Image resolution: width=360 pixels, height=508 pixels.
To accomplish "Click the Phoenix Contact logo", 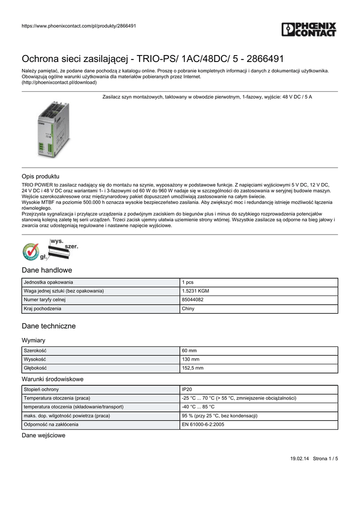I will pyautogui.click(x=308, y=29).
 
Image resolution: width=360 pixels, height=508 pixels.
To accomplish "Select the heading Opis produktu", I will pyautogui.click(x=41, y=176).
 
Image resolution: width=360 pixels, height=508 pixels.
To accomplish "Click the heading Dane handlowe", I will pyautogui.click(x=47, y=270).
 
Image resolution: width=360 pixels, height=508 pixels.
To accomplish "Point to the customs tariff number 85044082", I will pyautogui.click(x=193, y=300).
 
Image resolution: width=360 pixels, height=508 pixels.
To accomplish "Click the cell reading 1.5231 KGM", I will pyautogui.click(x=196, y=291).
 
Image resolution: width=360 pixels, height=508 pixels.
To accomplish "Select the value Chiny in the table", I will pyautogui.click(x=188, y=309).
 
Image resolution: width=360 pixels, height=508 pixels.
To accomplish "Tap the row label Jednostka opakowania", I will pyautogui.click(x=49, y=282).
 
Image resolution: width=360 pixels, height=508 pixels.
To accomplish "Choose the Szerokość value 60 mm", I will pyautogui.click(x=190, y=351).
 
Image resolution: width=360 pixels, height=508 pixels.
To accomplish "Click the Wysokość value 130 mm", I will pyautogui.click(x=191, y=360).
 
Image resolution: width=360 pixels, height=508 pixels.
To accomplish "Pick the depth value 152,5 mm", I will pyautogui.click(x=193, y=368).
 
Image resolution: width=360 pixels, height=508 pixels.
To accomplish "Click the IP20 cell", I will pyautogui.click(x=187, y=389).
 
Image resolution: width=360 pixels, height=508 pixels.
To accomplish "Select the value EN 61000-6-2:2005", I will pyautogui.click(x=203, y=425).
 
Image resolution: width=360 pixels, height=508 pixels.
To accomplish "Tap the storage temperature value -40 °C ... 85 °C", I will pyautogui.click(x=198, y=407).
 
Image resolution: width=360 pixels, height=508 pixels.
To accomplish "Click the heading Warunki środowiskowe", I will pyautogui.click(x=53, y=379).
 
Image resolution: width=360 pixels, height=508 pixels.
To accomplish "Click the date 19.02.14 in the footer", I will pyautogui.click(x=299, y=459).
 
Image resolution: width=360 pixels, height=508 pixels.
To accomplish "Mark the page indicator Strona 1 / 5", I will pyautogui.click(x=325, y=459).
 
